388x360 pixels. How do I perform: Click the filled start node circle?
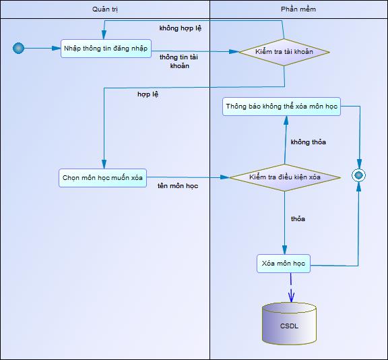click(x=19, y=48)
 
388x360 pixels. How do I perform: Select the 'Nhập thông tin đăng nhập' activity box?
click(x=106, y=49)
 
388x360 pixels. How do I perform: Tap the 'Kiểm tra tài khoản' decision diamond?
click(x=284, y=52)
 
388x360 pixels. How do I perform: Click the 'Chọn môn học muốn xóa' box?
click(x=102, y=178)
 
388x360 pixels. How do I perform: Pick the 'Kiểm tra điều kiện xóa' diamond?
click(x=285, y=177)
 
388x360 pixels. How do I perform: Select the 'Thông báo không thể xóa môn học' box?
click(x=282, y=107)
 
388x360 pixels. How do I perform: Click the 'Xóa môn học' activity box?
click(x=284, y=264)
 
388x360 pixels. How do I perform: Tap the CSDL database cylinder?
click(x=289, y=324)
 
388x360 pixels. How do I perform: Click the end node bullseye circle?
click(x=358, y=175)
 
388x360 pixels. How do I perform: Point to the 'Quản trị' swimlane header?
click(x=105, y=9)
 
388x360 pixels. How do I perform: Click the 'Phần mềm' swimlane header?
click(x=298, y=9)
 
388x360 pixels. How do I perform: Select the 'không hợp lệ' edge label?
click(x=180, y=28)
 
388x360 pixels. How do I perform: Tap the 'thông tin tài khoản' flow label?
click(x=179, y=61)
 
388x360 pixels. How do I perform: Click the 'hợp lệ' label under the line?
click(x=148, y=94)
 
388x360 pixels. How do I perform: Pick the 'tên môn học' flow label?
click(x=178, y=186)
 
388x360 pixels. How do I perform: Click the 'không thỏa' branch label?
click(x=309, y=142)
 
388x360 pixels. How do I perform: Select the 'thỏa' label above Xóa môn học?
click(x=298, y=219)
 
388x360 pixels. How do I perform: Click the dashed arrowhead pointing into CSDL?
click(x=291, y=296)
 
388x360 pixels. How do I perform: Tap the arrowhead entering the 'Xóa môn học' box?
click(x=284, y=250)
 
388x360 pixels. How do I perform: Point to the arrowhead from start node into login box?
click(x=56, y=49)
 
